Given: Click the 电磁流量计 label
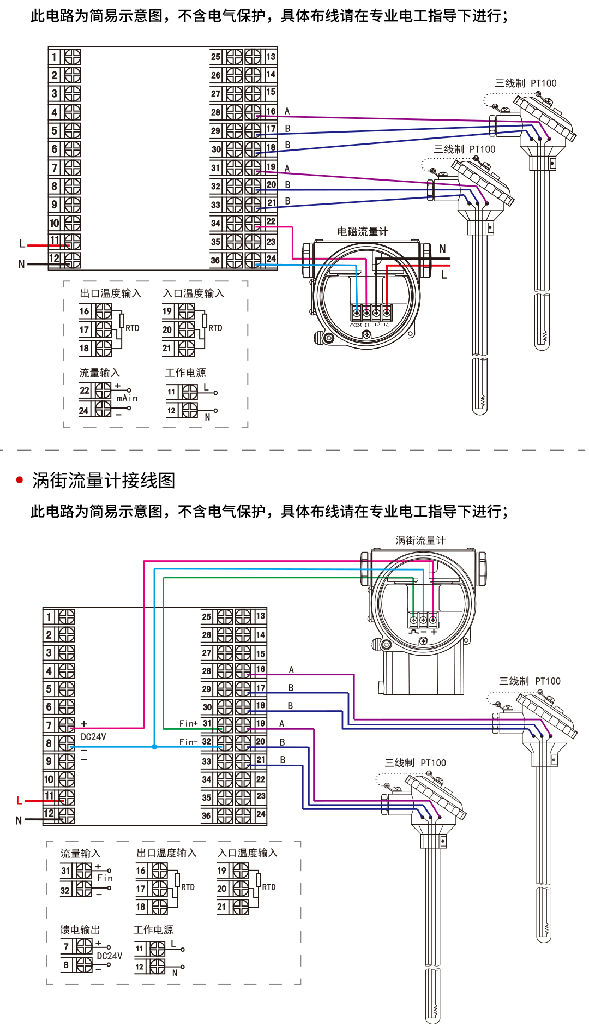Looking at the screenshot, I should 363,232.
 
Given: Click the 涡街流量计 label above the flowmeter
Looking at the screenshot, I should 420,541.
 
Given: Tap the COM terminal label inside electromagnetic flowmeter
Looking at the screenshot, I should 356,325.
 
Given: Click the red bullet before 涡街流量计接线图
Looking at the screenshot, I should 20,480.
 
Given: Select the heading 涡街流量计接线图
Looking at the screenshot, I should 104,481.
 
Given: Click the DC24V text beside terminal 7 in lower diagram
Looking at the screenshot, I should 93,737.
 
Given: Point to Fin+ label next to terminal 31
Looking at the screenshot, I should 188,724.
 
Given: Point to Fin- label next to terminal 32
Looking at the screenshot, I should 188,742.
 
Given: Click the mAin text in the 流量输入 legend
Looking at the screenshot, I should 127,399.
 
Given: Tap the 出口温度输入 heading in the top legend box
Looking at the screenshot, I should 111,293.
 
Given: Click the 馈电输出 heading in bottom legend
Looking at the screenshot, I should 80,930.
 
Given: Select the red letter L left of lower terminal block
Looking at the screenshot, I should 19,801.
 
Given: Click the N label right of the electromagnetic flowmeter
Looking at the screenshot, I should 443,249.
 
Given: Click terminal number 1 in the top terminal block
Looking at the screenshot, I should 54,57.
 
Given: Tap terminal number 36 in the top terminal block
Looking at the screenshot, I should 215,261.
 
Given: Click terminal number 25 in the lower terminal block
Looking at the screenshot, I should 206,617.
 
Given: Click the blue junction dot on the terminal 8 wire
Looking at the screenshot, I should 154,747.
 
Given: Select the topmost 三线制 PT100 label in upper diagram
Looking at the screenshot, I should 525,83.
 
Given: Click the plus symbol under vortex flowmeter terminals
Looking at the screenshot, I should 434,632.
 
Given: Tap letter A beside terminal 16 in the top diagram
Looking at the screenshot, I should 287,111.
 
